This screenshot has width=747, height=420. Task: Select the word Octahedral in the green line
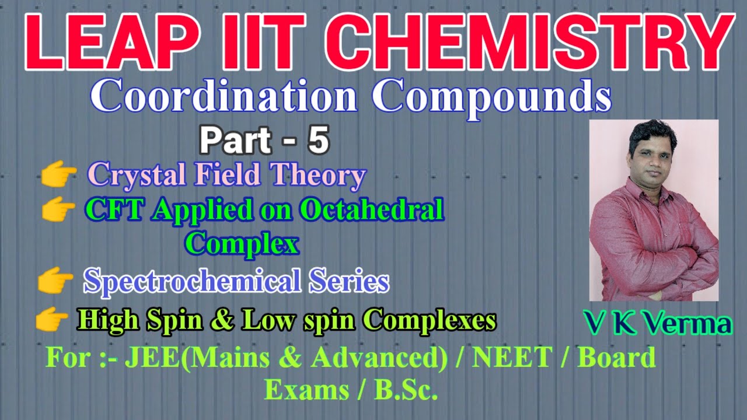pyautogui.click(x=372, y=210)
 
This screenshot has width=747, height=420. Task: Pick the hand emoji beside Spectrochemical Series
pyautogui.click(x=55, y=282)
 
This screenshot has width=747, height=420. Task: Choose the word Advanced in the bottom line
pyautogui.click(x=374, y=358)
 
